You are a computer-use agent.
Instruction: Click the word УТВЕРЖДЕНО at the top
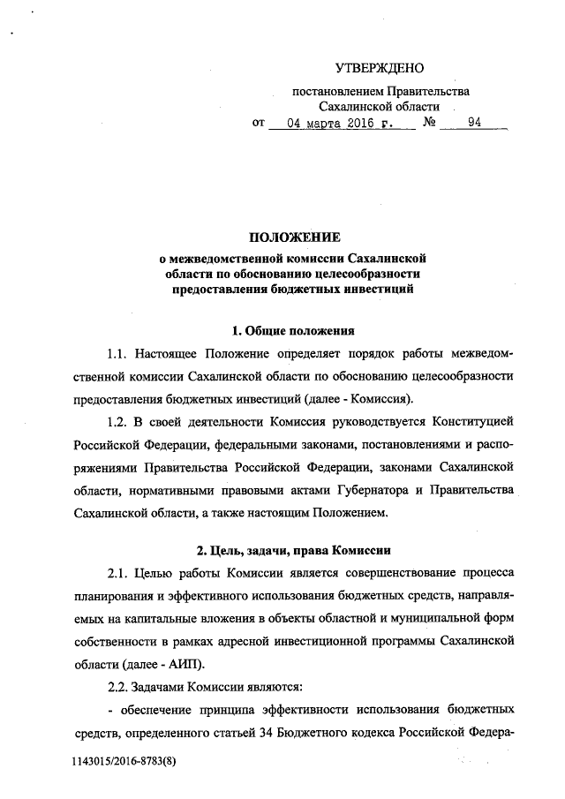coord(380,68)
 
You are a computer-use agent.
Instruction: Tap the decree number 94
coord(474,124)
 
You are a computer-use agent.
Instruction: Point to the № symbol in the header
coord(432,124)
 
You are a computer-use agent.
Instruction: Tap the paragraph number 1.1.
coord(118,354)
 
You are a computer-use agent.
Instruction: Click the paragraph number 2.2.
coord(118,683)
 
